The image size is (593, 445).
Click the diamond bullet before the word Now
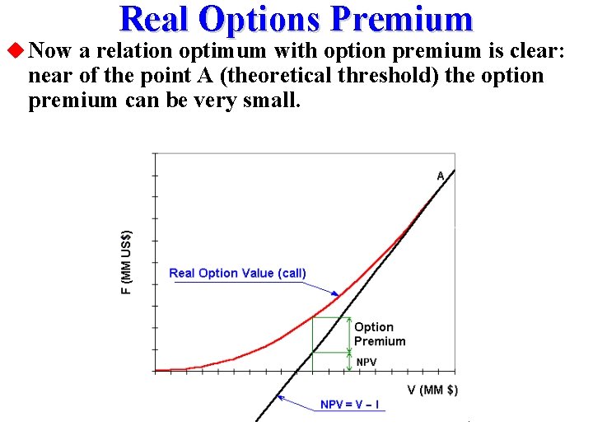tap(15, 51)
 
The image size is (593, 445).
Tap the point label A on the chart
tap(441, 176)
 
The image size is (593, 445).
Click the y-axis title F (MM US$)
tap(126, 262)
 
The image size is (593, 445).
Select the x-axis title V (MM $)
tap(432, 390)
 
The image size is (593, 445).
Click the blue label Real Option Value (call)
tap(237, 274)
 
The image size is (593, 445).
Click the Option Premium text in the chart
tap(380, 334)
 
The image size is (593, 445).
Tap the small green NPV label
tap(367, 362)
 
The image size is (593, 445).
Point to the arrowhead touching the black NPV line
tap(281, 398)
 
